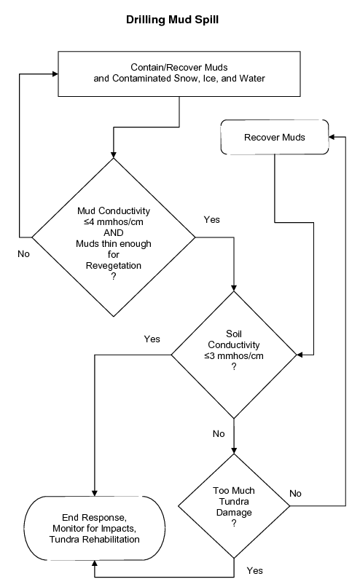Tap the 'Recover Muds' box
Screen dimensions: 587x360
pyautogui.click(x=274, y=137)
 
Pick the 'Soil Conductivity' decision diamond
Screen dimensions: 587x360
pyautogui.click(x=233, y=355)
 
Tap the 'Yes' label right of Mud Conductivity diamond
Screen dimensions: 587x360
pyautogui.click(x=212, y=218)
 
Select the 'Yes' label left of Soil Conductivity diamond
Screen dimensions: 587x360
pyautogui.click(x=152, y=339)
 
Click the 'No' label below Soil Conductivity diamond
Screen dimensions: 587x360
pyautogui.click(x=219, y=434)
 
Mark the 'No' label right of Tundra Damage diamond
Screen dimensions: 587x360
pyautogui.click(x=295, y=493)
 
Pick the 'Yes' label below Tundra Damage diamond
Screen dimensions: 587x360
pyautogui.click(x=255, y=570)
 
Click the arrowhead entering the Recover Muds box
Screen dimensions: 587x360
pyautogui.click(x=332, y=137)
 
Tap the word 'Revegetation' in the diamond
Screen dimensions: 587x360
pyautogui.click(x=113, y=266)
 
